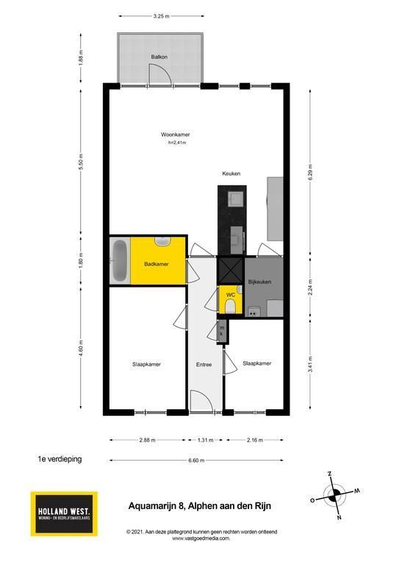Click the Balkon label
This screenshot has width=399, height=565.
coord(159,57)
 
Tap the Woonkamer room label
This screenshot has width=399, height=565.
coord(175,135)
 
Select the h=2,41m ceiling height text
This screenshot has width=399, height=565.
coord(177,143)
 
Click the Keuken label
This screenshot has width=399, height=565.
coord(231,174)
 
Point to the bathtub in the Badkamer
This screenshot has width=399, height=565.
coord(120,260)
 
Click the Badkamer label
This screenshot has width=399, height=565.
coord(156,264)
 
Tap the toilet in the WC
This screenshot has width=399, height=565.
coord(230,308)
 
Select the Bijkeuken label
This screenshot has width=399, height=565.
coord(259,282)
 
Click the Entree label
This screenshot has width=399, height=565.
coord(204,365)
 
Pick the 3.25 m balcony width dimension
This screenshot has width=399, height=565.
coord(161,16)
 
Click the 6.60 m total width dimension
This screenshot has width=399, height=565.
coord(196,460)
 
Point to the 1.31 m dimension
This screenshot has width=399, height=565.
coord(206,440)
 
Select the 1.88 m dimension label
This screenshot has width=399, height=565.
coord(81,57)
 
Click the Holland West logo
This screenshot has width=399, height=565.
coord(64,514)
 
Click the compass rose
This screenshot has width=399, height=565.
coord(334,496)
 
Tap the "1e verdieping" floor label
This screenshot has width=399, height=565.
coord(60,459)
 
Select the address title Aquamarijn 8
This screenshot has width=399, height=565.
coord(200,506)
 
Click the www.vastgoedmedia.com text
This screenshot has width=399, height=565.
coord(201,539)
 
